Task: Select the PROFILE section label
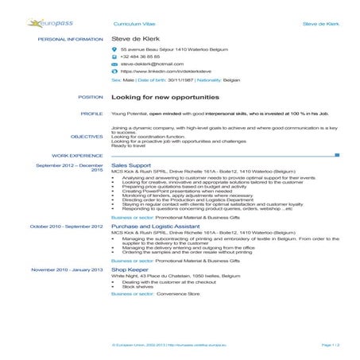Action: (92, 114)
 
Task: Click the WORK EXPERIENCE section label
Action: (78, 156)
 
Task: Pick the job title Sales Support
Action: (130, 165)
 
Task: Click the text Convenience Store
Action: (177, 294)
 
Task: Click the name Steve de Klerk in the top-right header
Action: (322, 25)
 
